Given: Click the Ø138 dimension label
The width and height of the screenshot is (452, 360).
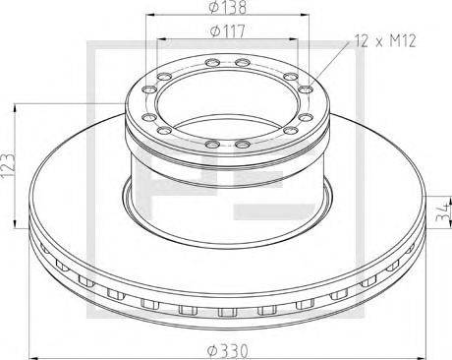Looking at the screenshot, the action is click(227, 7).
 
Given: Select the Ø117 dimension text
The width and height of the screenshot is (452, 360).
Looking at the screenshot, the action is click(227, 31).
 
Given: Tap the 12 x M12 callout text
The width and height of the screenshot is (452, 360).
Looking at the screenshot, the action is click(385, 41).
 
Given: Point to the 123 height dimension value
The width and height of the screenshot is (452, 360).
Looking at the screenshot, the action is click(8, 165).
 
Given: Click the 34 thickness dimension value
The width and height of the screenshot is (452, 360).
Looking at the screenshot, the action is click(444, 211).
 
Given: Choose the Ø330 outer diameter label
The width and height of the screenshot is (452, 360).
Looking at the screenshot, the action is click(228, 351).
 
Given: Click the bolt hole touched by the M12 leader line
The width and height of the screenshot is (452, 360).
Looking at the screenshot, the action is click(306, 89).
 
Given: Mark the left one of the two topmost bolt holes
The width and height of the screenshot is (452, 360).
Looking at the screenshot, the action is click(212, 62).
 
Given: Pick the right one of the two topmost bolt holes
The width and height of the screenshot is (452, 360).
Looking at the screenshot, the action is click(243, 62).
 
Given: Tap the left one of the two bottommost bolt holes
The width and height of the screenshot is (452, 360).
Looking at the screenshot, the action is click(212, 144).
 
